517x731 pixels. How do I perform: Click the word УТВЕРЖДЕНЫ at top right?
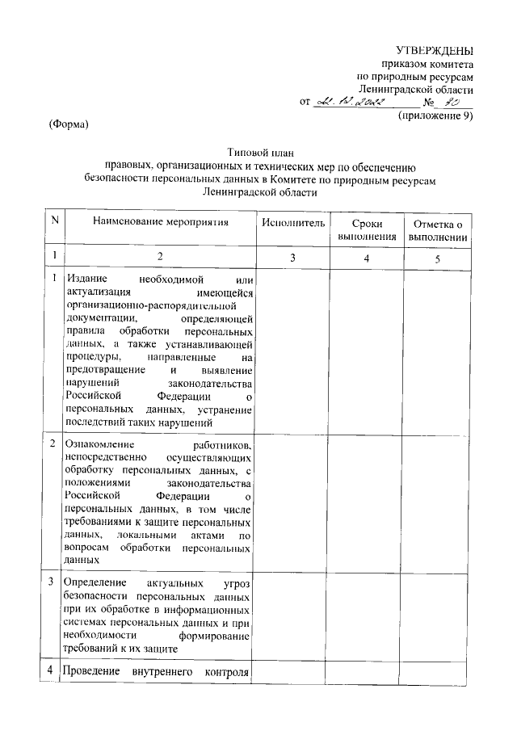point(439,51)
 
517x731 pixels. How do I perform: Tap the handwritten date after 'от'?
point(355,103)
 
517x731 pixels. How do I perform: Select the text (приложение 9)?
point(435,116)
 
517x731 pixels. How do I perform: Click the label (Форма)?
point(68,124)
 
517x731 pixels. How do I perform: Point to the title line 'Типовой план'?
point(258,150)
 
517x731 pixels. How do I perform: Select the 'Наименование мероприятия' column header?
point(160,221)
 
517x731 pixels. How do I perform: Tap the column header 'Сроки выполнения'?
point(367,229)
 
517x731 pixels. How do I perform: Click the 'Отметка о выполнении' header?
point(437,229)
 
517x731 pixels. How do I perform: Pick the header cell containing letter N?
point(54,221)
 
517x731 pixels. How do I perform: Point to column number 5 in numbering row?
point(437,258)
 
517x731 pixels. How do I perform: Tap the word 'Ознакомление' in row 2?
point(99,445)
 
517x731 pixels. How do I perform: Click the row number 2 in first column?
point(53,445)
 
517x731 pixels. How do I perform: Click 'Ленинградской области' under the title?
point(258,193)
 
